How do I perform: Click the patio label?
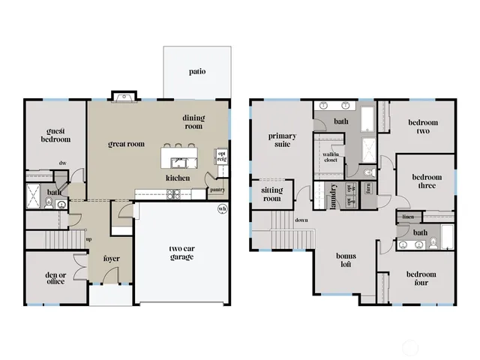197,72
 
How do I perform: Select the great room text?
126,144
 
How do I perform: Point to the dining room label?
193,122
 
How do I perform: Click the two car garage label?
181,252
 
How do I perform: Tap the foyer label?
112,259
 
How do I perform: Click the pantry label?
218,190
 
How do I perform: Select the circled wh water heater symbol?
221,208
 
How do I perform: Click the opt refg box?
221,157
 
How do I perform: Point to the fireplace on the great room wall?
124,96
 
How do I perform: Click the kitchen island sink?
179,162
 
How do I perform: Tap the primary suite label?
282,140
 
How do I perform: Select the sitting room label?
271,194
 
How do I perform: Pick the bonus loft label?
346,261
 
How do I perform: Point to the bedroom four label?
421,278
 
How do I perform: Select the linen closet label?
408,217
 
